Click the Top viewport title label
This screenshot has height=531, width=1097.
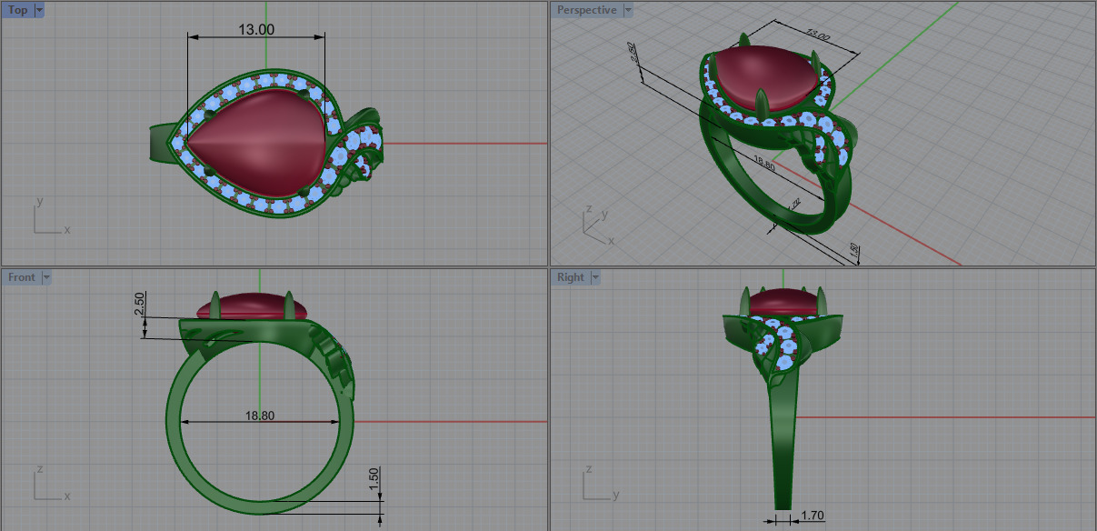[17, 10]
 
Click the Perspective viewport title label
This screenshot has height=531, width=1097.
[586, 10]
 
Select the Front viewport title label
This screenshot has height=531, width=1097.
[22, 277]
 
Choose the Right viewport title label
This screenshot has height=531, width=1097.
[571, 277]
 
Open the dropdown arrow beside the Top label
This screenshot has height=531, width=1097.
[38, 10]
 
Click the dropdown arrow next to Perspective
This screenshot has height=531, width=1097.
[628, 10]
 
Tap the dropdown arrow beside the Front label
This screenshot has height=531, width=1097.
[46, 277]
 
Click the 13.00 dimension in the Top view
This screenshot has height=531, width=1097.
[256, 29]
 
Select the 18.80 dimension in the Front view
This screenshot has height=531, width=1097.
[260, 416]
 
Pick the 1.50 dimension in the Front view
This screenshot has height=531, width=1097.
[374, 479]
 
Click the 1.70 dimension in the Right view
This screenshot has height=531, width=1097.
[812, 516]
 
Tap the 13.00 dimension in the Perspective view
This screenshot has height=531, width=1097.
[818, 37]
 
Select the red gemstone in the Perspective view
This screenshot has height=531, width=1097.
[763, 78]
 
